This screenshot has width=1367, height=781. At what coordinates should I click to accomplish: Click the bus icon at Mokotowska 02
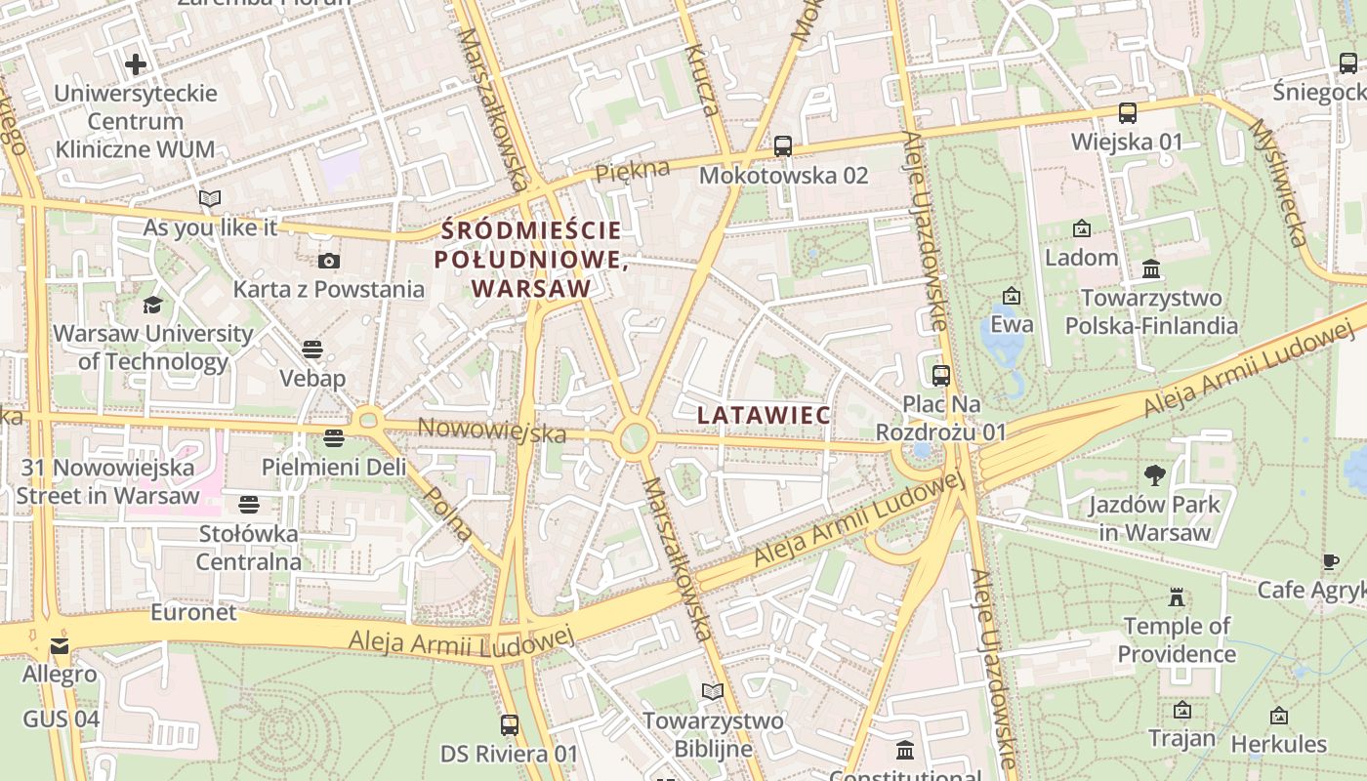[x=782, y=146]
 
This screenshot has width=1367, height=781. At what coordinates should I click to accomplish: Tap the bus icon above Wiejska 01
[x=1128, y=113]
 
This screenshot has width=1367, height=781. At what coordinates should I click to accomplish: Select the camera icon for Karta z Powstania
[x=329, y=261]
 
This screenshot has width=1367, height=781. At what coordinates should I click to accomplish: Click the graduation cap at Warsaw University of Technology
[x=152, y=305]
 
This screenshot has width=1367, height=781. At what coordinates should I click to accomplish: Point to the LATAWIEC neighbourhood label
[x=764, y=415]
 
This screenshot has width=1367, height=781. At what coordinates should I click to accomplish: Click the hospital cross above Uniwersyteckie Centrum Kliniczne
[x=136, y=64]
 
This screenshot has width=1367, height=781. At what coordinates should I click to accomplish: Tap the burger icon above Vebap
[x=312, y=349]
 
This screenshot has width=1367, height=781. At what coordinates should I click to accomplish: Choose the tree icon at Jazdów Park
[x=1155, y=475]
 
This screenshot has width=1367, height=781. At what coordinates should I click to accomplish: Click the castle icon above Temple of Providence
[x=1177, y=596]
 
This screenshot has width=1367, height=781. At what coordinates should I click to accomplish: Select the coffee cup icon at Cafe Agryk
[x=1331, y=561]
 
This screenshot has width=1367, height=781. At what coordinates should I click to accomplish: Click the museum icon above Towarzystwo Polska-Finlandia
[x=1151, y=268]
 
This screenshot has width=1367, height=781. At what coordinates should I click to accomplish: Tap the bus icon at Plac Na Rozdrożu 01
[x=941, y=375]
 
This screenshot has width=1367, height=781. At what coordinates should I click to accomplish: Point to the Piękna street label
[x=633, y=170]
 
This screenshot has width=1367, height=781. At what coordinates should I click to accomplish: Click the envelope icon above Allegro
[x=60, y=646]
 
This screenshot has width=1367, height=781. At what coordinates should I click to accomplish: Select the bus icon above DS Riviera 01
[x=509, y=725]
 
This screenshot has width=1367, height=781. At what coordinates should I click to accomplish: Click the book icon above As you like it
[x=210, y=199]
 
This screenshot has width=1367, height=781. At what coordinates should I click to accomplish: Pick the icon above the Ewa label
[x=1012, y=295]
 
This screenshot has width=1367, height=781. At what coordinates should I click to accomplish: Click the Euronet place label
[x=193, y=612]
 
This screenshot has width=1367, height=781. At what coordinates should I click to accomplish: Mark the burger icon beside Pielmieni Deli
[x=334, y=438]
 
